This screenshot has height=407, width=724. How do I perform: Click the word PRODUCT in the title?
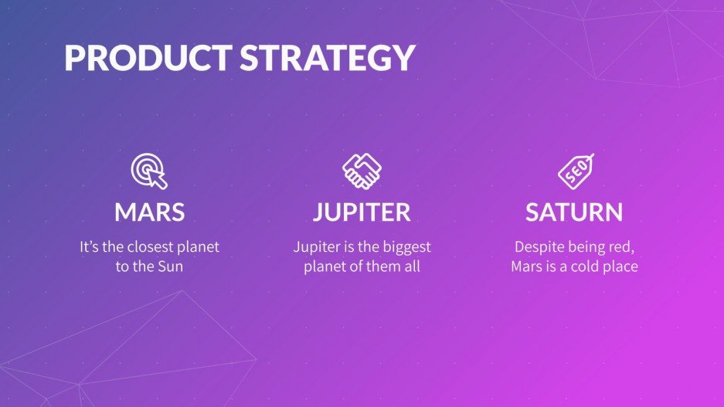click(146, 59)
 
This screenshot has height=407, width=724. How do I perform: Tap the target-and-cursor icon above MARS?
click(149, 171)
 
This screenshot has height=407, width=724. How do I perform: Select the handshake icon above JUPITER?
click(362, 171)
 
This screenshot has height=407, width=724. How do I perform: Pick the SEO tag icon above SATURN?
click(576, 171)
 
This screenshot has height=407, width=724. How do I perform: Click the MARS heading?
click(149, 212)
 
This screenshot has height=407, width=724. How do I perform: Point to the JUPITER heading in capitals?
click(362, 212)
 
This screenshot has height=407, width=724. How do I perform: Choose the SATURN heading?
click(574, 212)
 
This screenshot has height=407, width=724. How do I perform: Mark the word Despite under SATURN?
click(538, 247)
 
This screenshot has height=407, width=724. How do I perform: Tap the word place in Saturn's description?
click(621, 267)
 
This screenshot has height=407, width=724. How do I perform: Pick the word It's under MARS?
click(90, 247)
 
